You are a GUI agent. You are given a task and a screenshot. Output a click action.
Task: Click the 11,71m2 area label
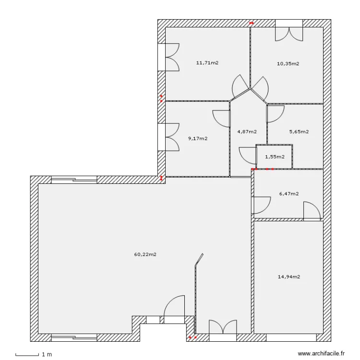(207, 62)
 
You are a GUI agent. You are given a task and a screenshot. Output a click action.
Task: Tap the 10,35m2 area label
(288, 63)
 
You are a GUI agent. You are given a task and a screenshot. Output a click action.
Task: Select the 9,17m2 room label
(198, 139)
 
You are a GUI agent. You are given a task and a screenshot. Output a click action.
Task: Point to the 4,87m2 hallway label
(247, 132)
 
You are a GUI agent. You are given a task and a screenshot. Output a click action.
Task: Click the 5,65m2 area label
(299, 132)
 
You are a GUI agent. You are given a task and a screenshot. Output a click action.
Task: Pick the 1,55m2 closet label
(275, 156)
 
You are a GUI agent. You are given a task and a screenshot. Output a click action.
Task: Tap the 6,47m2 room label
(289, 194)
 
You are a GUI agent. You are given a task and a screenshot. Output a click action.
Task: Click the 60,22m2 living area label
(145, 254)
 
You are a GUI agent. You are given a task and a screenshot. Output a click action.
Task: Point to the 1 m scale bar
(27, 355)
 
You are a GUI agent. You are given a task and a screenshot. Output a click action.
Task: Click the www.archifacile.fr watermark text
(321, 354)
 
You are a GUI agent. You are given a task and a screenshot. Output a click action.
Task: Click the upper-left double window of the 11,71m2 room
(168, 58)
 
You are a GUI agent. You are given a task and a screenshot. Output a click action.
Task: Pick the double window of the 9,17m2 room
(168, 137)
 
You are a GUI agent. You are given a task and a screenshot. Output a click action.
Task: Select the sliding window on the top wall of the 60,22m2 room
(74, 180)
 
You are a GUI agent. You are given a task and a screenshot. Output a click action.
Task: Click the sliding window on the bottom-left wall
(74, 337)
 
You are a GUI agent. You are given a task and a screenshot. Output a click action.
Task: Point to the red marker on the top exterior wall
(251, 23)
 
